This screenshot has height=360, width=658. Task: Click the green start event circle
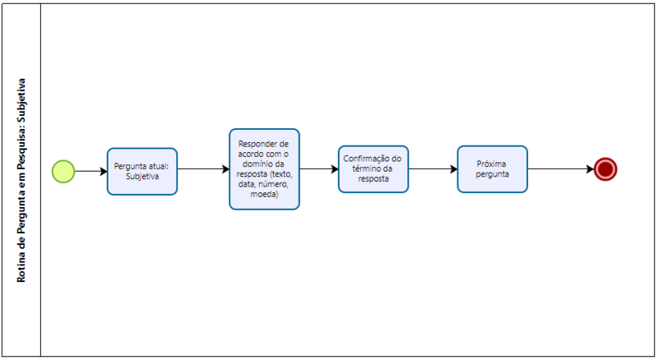pyautogui.click(x=63, y=171)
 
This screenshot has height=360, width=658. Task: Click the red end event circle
pyautogui.click(x=605, y=169)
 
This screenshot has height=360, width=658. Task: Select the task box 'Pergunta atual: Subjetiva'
pyautogui.click(x=142, y=171)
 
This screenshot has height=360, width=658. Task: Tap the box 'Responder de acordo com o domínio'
pyautogui.click(x=264, y=169)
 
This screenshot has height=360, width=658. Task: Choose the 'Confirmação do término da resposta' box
pyautogui.click(x=373, y=169)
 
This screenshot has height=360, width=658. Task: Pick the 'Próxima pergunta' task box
pyautogui.click(x=492, y=169)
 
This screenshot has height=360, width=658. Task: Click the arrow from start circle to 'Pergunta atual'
pyautogui.click(x=91, y=171)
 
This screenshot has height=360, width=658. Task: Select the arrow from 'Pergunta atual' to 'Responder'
pyautogui.click(x=203, y=169)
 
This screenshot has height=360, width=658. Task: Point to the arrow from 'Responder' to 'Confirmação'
pyautogui.click(x=319, y=169)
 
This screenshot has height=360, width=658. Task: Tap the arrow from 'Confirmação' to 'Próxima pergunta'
pyautogui.click(x=433, y=169)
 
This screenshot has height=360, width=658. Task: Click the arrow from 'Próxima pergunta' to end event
pyautogui.click(x=561, y=169)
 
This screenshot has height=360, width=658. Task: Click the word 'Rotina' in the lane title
pyautogui.click(x=21, y=269)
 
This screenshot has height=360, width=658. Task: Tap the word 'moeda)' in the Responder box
pyautogui.click(x=264, y=194)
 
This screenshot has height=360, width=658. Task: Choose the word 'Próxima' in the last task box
pyautogui.click(x=491, y=164)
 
